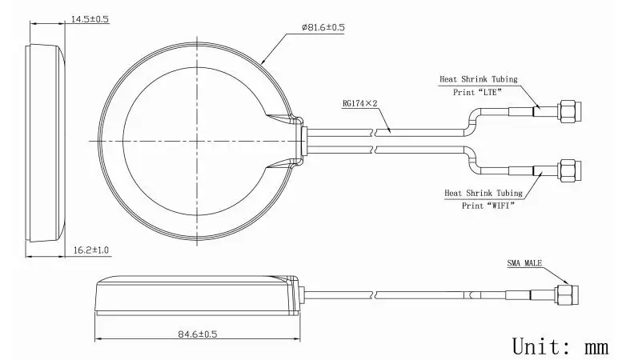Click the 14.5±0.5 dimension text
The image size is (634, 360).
(90, 19)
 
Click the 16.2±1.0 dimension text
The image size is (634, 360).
(91, 250)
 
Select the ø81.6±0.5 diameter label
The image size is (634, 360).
(323, 27)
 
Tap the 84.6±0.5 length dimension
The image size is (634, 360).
(197, 334)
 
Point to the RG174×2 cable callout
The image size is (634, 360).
(360, 103)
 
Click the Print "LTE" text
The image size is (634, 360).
(477, 92)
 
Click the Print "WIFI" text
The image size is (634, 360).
(488, 206)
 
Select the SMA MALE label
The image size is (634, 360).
(524, 263)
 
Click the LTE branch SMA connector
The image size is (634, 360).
(569, 111)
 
